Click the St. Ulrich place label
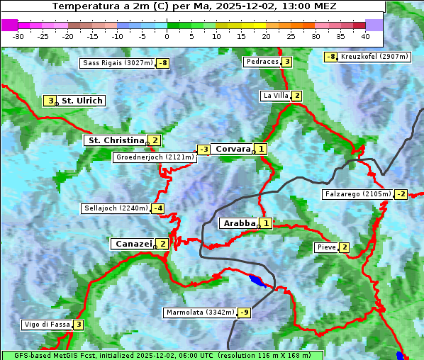click(x=82, y=101)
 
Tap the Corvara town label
click(x=233, y=149)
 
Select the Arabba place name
click(x=239, y=223)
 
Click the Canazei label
click(x=133, y=243)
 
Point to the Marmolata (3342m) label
click(x=199, y=312)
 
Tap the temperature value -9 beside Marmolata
click(x=245, y=312)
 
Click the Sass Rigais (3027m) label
click(x=117, y=63)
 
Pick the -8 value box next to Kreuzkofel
click(x=330, y=57)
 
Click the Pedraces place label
click(x=262, y=62)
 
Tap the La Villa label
click(x=275, y=96)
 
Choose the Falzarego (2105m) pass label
click(x=357, y=193)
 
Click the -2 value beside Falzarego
click(x=401, y=193)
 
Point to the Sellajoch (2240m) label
click(x=116, y=208)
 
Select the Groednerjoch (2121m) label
click(x=155, y=157)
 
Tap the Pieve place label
click(x=326, y=247)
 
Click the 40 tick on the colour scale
click(x=365, y=35)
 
